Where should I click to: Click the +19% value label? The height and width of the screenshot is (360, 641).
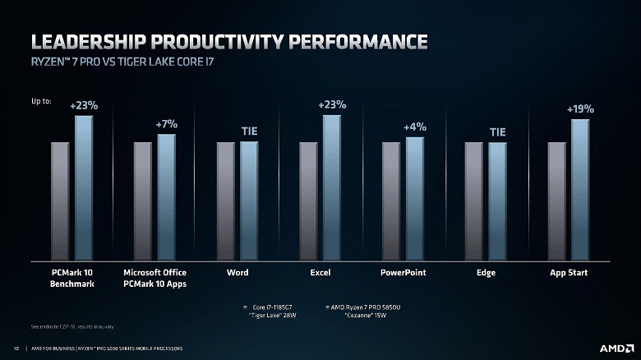[580, 108]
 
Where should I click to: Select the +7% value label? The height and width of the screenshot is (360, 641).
[167, 123]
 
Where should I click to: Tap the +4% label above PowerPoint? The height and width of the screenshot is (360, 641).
[415, 127]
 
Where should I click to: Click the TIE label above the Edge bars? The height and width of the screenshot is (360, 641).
[498, 132]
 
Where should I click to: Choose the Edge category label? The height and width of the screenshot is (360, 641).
[486, 272]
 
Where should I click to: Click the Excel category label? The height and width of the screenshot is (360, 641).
[320, 272]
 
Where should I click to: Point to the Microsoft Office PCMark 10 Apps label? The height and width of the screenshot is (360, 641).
[154, 278]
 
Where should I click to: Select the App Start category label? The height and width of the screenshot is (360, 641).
[569, 272]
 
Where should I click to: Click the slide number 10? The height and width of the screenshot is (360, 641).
[16, 348]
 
